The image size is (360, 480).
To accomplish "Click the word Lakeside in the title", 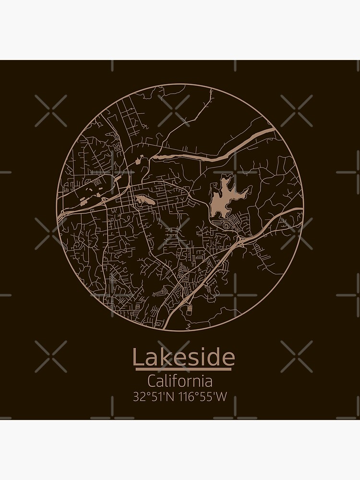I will point(183,357).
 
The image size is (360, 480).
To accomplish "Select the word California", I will point(180,382).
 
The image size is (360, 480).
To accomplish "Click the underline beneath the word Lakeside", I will point(183,369).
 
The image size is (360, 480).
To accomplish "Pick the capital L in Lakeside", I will point(137,358).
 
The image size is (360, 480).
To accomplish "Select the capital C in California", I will point(152,382).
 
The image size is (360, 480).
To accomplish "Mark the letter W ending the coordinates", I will point(220,397).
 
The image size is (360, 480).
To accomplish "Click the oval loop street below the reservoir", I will point(226,224).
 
